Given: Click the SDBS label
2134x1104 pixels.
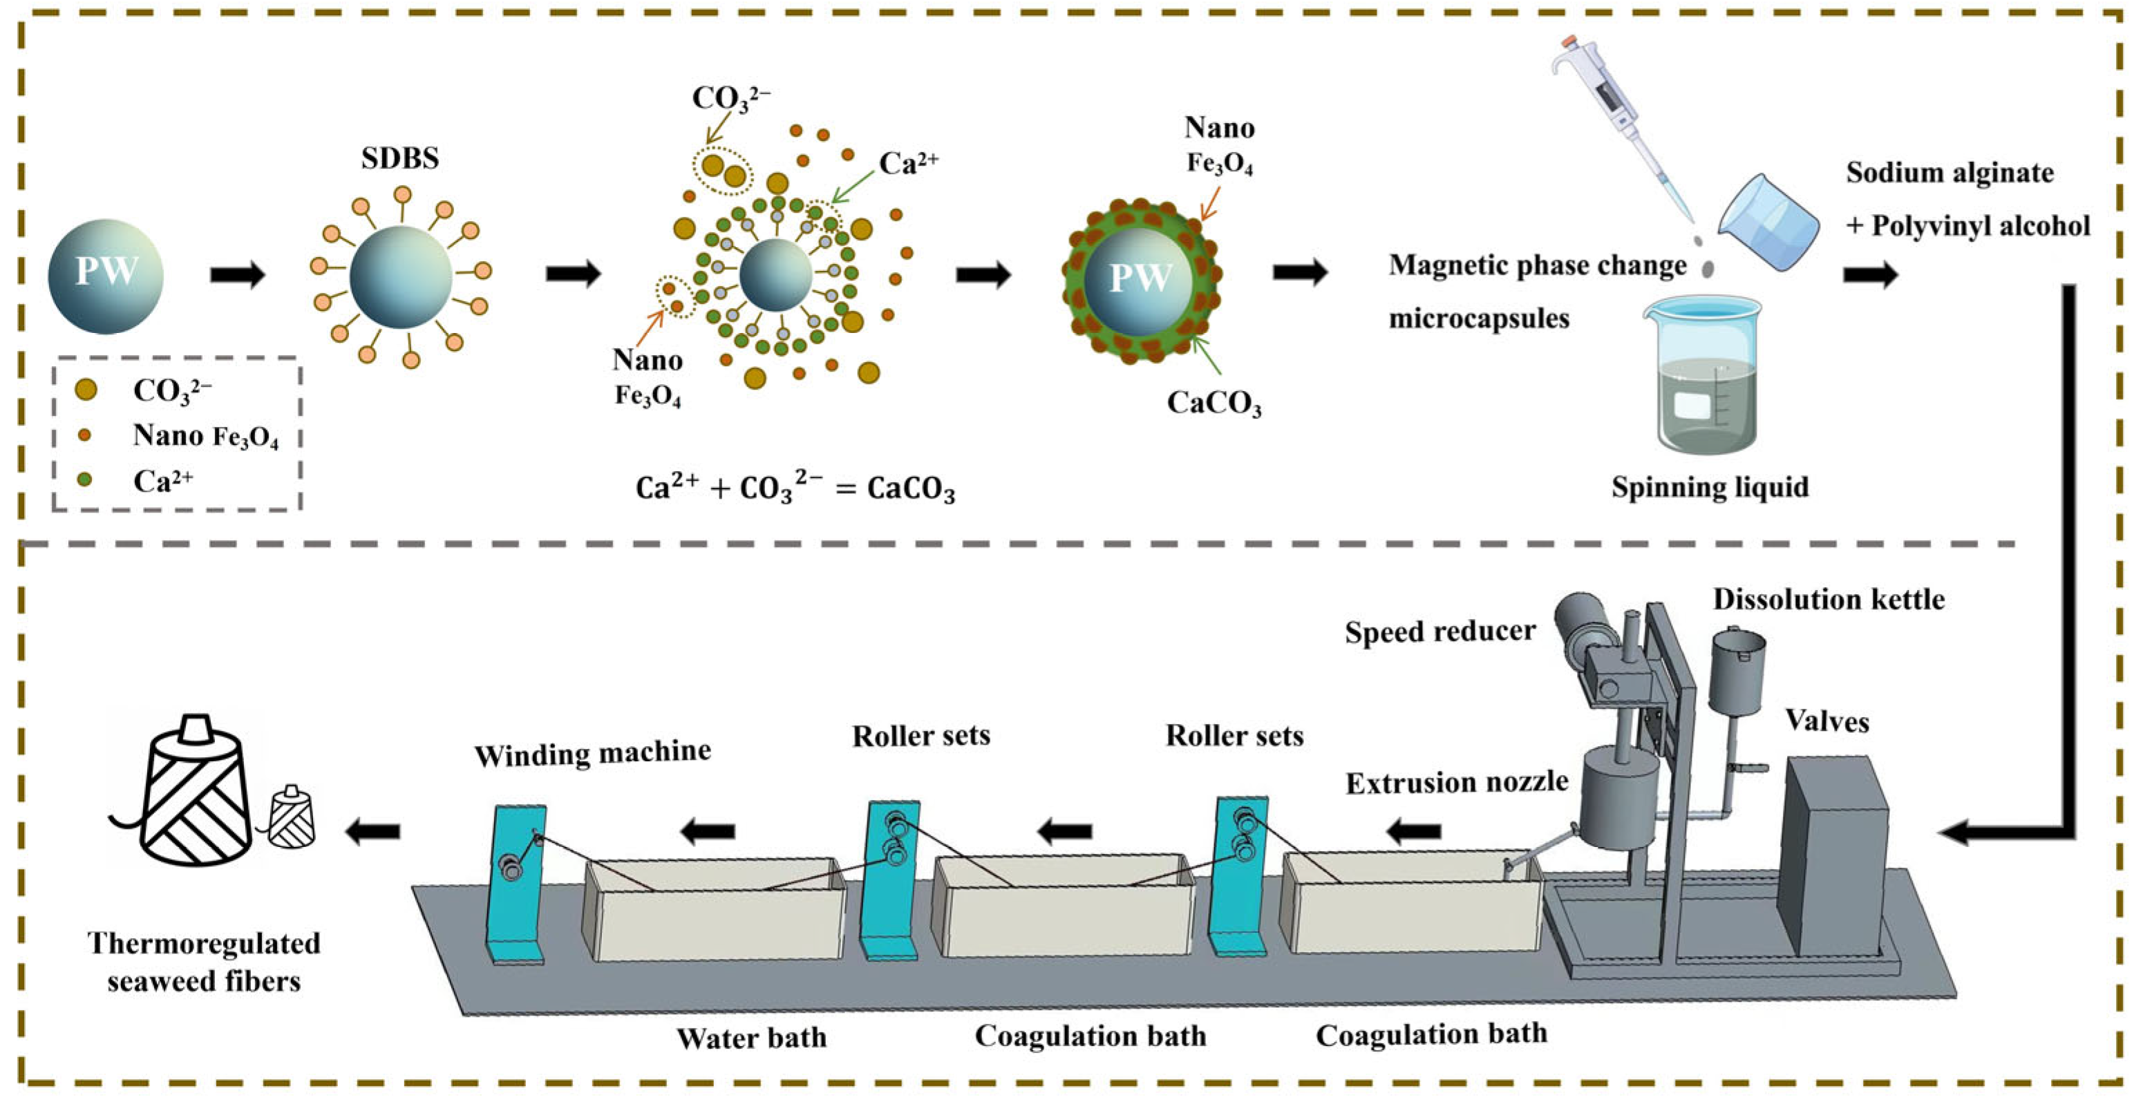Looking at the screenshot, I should pos(399,158).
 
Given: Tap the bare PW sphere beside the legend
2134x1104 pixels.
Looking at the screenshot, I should pos(105,276).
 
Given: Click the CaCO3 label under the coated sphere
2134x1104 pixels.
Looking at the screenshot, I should pos(1214,403).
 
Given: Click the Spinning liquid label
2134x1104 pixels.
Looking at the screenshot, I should pos(1709,487).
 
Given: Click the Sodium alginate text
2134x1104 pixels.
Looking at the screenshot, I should pos(1949,173).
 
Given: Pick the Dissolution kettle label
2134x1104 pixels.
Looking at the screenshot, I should pos(1829,600).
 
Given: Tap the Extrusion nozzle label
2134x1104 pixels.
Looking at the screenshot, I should pos(1456,783).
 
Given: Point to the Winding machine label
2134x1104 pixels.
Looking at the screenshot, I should pos(592,753).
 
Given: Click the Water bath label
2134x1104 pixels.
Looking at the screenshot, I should pos(751,1038).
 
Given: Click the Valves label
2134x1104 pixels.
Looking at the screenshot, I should pos(1826,721).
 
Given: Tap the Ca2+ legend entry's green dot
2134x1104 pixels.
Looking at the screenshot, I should pos(84,479).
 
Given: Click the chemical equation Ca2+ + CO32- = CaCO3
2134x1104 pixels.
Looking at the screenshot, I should pos(795,488).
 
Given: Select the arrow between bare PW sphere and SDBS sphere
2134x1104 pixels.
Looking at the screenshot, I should pos(238,275).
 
